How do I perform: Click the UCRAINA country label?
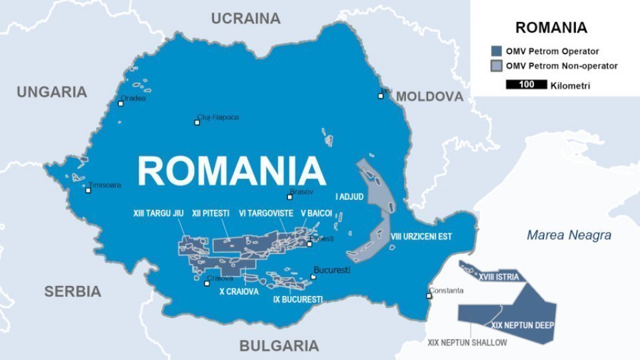click(x=245, y=19)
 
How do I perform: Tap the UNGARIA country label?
click(x=52, y=92)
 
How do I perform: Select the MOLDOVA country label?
click(x=429, y=97)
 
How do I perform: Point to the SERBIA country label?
click(x=73, y=291)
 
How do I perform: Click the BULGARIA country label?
click(x=279, y=345)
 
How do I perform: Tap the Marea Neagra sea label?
click(x=569, y=235)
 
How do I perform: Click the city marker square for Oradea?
click(x=121, y=104)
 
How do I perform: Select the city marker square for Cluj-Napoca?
click(x=198, y=123)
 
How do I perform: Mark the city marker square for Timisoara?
click(x=88, y=190)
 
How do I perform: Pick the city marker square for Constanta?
click(x=429, y=296)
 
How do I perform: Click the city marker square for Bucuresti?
click(x=313, y=277)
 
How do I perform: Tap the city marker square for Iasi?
click(x=381, y=96)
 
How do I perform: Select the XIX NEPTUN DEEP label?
click(x=523, y=325)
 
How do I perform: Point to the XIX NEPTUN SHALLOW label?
click(x=467, y=343)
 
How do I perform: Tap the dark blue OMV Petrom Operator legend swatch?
click(x=496, y=51)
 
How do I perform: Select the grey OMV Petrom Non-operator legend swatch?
click(x=496, y=66)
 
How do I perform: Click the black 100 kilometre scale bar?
click(x=526, y=85)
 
